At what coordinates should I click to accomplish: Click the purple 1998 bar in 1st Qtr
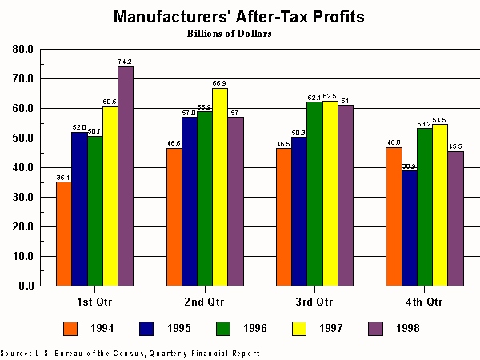126,176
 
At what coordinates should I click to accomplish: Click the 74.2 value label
126,61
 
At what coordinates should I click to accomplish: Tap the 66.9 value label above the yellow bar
220,82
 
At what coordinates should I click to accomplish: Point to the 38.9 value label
410,166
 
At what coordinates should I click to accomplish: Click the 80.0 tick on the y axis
23,49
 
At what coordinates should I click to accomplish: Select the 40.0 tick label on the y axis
23,167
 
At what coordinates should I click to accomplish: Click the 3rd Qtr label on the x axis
314,302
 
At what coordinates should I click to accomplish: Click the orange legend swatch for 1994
70,328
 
